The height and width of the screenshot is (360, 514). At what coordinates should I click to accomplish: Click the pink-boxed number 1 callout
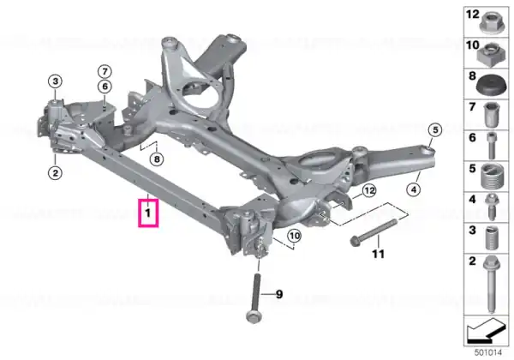coord(148,213)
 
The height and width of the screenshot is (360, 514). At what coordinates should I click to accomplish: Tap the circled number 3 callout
coord(56,81)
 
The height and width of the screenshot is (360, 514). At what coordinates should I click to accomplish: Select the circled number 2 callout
coord(55,172)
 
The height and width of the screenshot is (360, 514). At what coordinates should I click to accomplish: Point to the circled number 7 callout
coord(105,71)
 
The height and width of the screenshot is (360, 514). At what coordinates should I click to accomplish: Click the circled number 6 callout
coord(105,87)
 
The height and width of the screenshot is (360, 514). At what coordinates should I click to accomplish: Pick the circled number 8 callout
coord(157,159)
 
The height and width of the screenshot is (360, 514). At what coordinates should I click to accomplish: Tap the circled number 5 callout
coord(435,129)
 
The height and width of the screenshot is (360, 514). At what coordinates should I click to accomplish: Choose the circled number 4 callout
coord(414,189)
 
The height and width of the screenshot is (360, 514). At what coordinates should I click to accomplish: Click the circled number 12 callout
coord(369,190)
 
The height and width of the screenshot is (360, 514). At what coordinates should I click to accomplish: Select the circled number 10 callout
coord(295,236)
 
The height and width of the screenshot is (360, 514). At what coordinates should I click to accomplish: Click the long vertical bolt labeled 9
coord(255,297)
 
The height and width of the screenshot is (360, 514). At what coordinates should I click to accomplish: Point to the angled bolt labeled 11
coord(374,232)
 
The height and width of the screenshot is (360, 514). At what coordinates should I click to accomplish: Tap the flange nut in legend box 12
coord(491,22)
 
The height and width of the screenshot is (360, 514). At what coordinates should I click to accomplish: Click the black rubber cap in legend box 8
coord(489,86)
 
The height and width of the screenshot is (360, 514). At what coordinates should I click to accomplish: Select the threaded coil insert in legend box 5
coord(492,177)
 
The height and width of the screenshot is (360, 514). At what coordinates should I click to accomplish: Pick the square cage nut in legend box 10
coord(489,54)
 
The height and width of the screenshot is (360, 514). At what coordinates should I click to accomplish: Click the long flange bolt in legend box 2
coord(491,285)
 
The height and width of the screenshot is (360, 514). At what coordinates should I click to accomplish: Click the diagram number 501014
coord(488,353)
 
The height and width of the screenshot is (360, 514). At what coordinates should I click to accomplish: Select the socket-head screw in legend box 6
coord(491,145)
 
